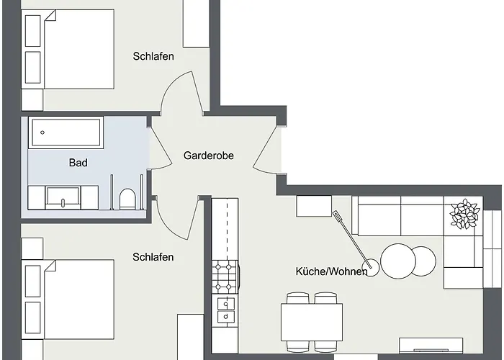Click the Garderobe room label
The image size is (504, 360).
tap(208, 156)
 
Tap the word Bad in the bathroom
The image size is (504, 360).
tap(78, 163)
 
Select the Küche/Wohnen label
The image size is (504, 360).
tap(331, 271)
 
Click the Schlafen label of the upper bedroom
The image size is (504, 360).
tap(153, 56)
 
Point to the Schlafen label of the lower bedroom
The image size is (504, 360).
tap(153, 257)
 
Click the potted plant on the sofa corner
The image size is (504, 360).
tap(464, 215)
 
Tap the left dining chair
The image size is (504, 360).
tap(298, 298)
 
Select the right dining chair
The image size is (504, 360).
tap(325, 298)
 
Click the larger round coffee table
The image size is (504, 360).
tap(398, 261)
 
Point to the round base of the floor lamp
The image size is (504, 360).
tap(373, 269)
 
